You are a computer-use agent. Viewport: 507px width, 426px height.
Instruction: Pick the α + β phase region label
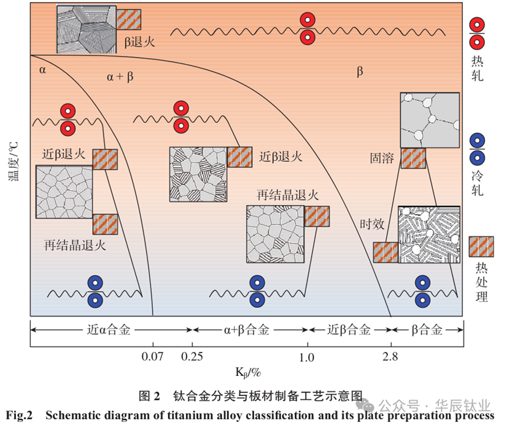click(x=120, y=77)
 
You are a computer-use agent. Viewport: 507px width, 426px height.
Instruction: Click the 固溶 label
click(x=383, y=158)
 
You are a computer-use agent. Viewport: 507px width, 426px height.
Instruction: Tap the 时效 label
click(x=372, y=224)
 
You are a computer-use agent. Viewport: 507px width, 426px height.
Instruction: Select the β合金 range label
click(x=427, y=330)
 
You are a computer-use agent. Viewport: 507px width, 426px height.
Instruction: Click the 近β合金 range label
click(x=349, y=330)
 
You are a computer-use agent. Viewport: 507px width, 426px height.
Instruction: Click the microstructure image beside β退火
click(x=86, y=29)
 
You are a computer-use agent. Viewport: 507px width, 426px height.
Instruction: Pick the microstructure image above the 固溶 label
click(x=430, y=120)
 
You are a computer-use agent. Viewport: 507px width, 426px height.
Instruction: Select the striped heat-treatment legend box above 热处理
click(x=481, y=246)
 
